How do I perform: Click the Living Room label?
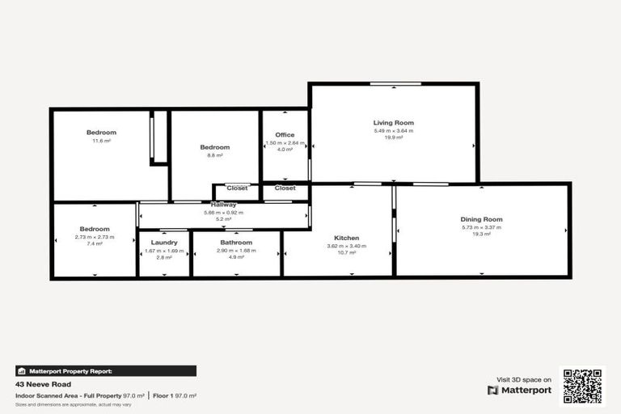click(393, 123)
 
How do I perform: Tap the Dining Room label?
click(481, 219)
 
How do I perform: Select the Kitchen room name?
click(343, 238)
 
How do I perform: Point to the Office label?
click(285, 135)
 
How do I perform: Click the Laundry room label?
click(164, 242)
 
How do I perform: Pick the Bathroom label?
click(236, 242)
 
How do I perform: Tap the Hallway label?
click(224, 205)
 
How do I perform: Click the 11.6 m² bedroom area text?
click(102, 141)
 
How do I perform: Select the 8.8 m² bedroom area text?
click(215, 155)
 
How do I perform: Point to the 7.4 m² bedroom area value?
click(95, 243)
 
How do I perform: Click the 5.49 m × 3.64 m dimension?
click(393, 131)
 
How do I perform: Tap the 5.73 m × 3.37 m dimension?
click(481, 227)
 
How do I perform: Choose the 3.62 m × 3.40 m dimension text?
click(343, 246)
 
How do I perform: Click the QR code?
click(583, 387)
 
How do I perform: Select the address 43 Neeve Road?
click(43, 384)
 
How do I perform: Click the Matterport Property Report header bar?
click(106, 370)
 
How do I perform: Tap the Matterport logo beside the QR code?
click(519, 390)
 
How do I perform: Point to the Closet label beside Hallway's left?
click(237, 188)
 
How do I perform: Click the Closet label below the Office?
click(285, 188)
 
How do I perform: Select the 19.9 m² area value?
click(393, 137)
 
